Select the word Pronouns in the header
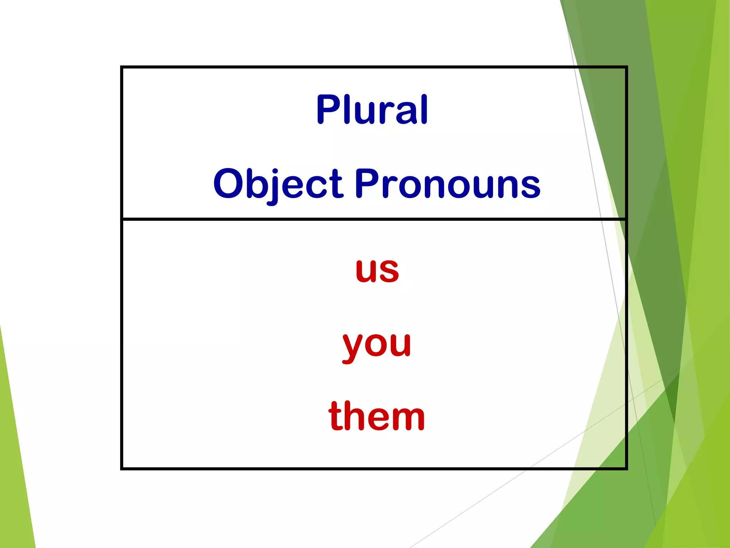point(447,183)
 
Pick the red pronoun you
point(377,344)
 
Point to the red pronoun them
point(377,416)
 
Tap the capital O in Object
point(228,184)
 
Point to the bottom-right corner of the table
point(626,468)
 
